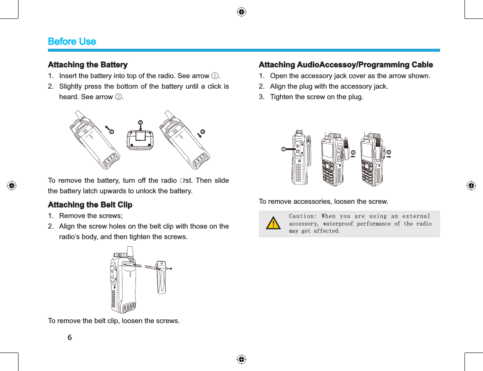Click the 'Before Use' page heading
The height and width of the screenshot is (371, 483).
point(72,42)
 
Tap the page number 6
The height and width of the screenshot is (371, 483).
point(70,337)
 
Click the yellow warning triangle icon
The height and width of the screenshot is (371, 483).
point(274,224)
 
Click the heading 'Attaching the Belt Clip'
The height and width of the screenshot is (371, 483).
point(90,205)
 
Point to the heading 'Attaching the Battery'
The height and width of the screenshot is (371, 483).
point(88,65)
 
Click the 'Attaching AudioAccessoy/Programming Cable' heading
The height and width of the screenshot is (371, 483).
point(345,65)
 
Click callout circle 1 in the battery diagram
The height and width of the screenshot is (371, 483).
point(111,132)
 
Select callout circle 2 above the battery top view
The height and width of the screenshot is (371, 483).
point(141,122)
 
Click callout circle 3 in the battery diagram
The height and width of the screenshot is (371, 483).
point(203,132)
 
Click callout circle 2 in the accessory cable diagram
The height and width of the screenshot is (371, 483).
point(353,152)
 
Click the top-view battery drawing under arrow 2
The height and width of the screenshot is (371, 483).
point(141,139)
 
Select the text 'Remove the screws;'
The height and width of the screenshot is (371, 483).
point(91,216)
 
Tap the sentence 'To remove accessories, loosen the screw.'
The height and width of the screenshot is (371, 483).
point(323,202)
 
